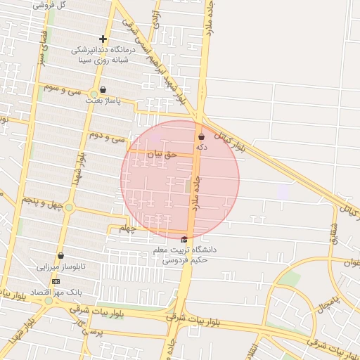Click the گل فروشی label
point(51,5)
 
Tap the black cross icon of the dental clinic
point(103,39)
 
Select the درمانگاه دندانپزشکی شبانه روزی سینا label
point(103,56)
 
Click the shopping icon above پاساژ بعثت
point(103,89)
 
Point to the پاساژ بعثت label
point(103,101)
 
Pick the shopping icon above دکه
point(202,136)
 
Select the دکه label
point(202,147)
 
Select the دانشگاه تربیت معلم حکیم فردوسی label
point(185,255)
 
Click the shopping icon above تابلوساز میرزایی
point(61,256)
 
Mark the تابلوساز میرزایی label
point(61,267)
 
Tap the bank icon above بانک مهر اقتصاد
point(56,281)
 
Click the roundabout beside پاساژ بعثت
point(94,94)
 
